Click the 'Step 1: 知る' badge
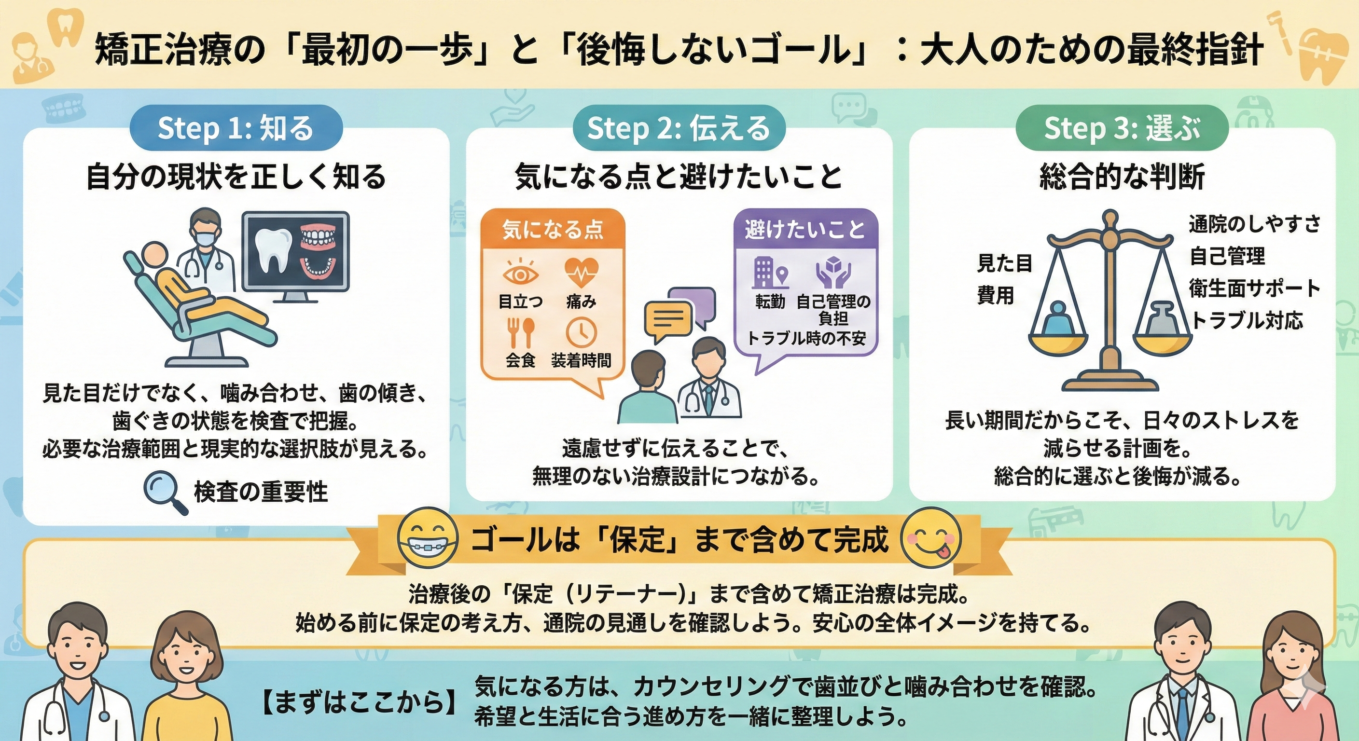point(236,128)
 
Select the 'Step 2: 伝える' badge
point(679,128)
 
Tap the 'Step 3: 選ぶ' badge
point(1122,128)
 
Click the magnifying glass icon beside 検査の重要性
point(165,492)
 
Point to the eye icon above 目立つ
point(520,274)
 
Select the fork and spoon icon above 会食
point(521,333)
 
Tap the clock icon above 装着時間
point(581,333)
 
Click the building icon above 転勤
point(770,272)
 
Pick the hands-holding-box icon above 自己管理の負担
point(833,272)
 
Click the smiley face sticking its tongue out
point(931,538)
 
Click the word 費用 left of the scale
point(996,295)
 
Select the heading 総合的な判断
point(1122,177)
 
